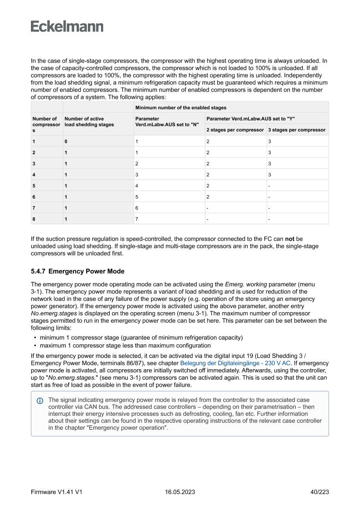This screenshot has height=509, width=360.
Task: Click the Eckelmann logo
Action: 67,27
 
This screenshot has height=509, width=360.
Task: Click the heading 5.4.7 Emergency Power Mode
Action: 77,271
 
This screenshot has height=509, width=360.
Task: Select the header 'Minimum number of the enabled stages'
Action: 181,108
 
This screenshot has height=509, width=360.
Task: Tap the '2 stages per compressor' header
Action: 235,130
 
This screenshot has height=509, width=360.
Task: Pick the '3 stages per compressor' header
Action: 297,130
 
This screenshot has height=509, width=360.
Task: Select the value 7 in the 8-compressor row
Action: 137,219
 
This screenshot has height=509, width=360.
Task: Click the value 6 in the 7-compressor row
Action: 137,208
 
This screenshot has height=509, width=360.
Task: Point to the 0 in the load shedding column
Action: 66,142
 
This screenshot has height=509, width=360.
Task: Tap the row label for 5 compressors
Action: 34,186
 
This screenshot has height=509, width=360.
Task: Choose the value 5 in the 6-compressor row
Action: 137,197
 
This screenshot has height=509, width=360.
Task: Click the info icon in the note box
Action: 40,400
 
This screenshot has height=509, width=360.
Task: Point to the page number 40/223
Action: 319,492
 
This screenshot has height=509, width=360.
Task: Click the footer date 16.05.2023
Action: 180,492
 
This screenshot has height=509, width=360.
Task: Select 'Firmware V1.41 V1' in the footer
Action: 57,492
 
